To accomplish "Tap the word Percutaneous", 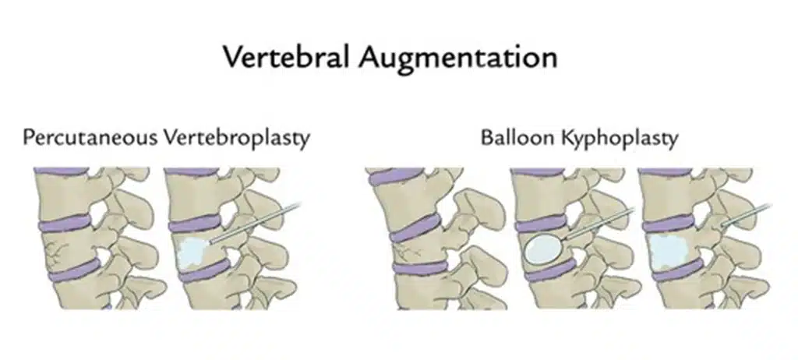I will (90, 138).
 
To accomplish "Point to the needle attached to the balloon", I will (592, 225).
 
